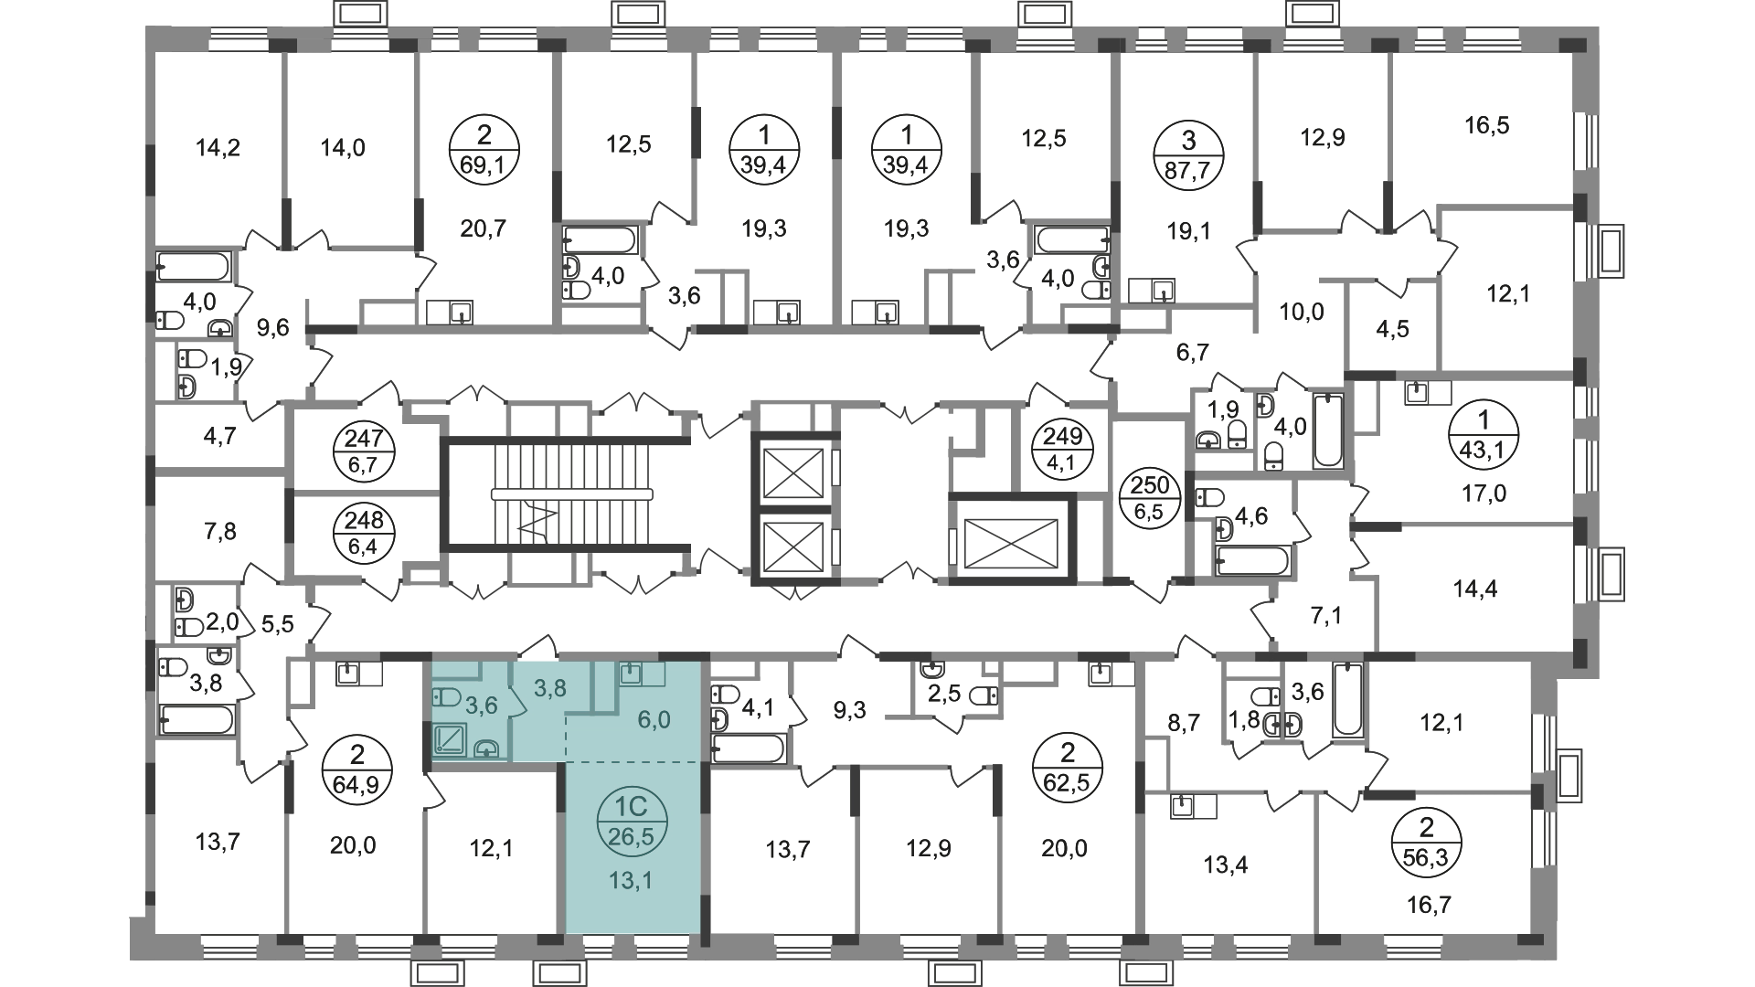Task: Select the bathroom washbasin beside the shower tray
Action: (x=488, y=748)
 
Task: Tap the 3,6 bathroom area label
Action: (x=481, y=705)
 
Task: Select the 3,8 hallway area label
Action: (x=549, y=688)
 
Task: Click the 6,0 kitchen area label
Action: (x=654, y=720)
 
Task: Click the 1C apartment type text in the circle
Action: (x=632, y=807)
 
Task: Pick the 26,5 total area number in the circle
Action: (x=632, y=835)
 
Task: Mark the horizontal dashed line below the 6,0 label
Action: (x=631, y=760)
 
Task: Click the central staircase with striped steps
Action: (x=548, y=493)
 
